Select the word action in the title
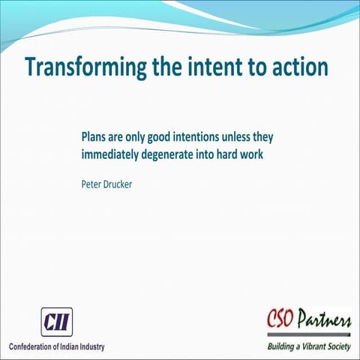(x=301, y=66)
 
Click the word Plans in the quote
(x=95, y=139)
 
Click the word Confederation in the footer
(x=35, y=346)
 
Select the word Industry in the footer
(x=88, y=346)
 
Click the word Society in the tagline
(x=334, y=347)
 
